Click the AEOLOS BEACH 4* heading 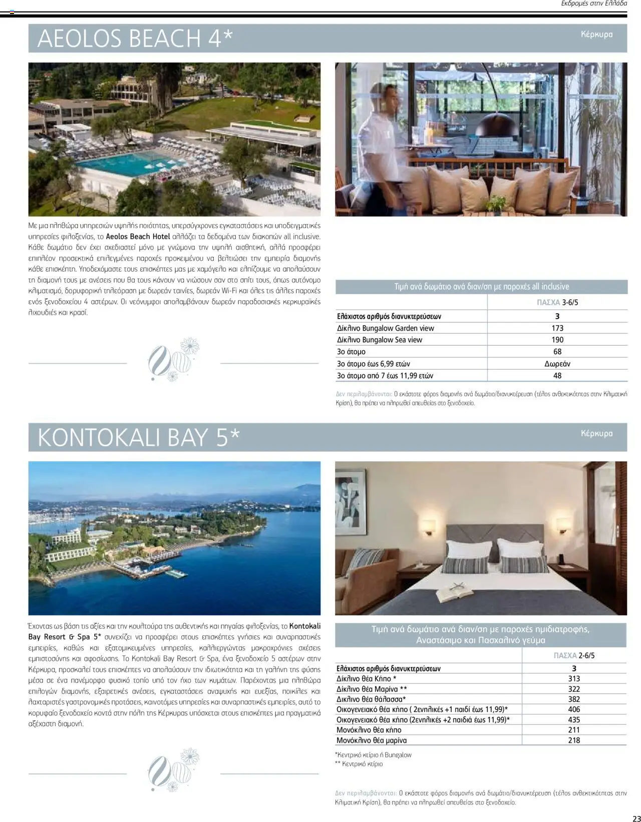click(x=135, y=39)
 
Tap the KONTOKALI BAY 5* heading click(x=139, y=437)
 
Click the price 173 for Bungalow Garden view click(x=557, y=328)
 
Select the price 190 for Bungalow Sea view click(x=557, y=340)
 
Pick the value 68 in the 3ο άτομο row click(x=557, y=352)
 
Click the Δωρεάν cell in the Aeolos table click(x=557, y=364)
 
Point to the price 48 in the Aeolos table click(x=557, y=376)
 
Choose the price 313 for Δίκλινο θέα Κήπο click(x=574, y=679)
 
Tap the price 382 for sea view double click(x=574, y=699)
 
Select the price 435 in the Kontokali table click(x=574, y=720)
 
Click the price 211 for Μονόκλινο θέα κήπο click(x=574, y=730)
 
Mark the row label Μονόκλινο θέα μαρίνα click(x=372, y=740)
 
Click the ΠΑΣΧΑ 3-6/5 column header click(x=557, y=303)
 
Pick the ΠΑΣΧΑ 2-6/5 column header click(x=574, y=655)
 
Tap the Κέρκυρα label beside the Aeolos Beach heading click(x=596, y=35)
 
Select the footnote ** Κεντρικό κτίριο click(x=359, y=764)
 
